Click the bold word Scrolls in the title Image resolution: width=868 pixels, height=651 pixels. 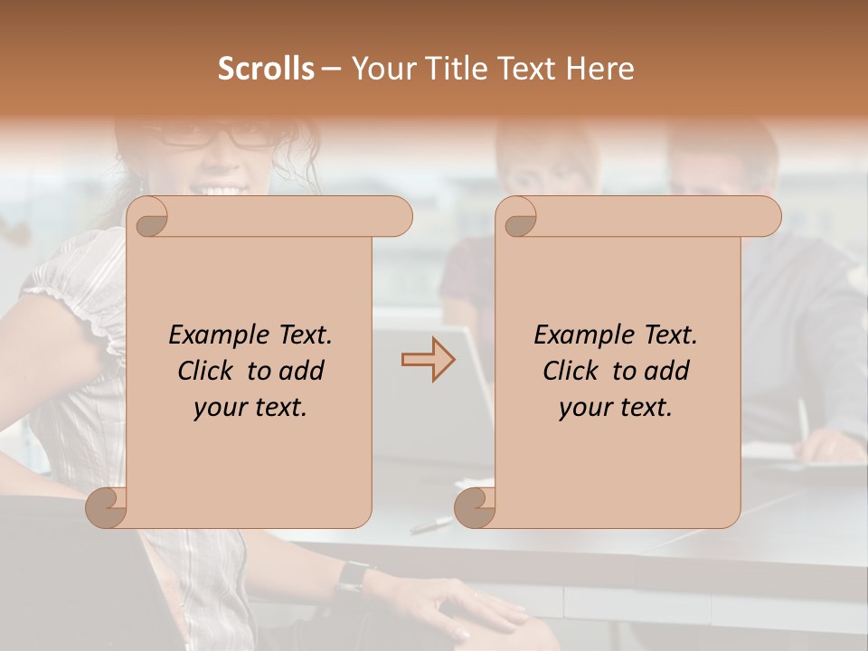pos(266,69)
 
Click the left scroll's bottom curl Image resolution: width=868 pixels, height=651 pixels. pos(106,508)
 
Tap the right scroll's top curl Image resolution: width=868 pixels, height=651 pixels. pos(519,218)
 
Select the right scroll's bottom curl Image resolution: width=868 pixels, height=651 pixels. pos(474,508)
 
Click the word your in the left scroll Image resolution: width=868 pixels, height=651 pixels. pos(218,408)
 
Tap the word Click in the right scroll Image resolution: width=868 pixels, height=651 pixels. pos(570,372)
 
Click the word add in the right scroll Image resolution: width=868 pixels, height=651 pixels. pos(667,372)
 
